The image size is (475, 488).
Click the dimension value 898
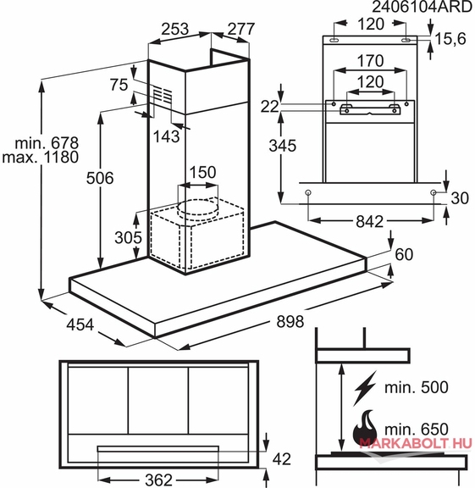[290, 321]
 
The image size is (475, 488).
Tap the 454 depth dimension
[80, 324]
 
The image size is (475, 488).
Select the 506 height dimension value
[100, 178]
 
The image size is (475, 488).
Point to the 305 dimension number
[128, 237]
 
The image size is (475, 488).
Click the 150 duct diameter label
[202, 172]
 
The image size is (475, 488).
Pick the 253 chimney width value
[174, 29]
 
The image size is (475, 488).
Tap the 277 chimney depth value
[241, 29]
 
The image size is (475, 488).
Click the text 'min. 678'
[47, 143]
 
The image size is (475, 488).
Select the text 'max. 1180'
[40, 157]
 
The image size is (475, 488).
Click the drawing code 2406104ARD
[423, 7]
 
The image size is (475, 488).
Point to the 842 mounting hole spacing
[369, 222]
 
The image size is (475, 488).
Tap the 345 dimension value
[283, 146]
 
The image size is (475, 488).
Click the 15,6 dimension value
[450, 39]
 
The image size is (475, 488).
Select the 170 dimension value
[370, 61]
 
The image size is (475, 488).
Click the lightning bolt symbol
[365, 388]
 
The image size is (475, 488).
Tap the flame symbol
[365, 430]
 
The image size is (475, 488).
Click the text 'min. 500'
[417, 387]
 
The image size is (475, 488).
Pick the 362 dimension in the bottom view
[158, 480]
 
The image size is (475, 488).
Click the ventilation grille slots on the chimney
[163, 94]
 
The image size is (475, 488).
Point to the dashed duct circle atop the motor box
[197, 208]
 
